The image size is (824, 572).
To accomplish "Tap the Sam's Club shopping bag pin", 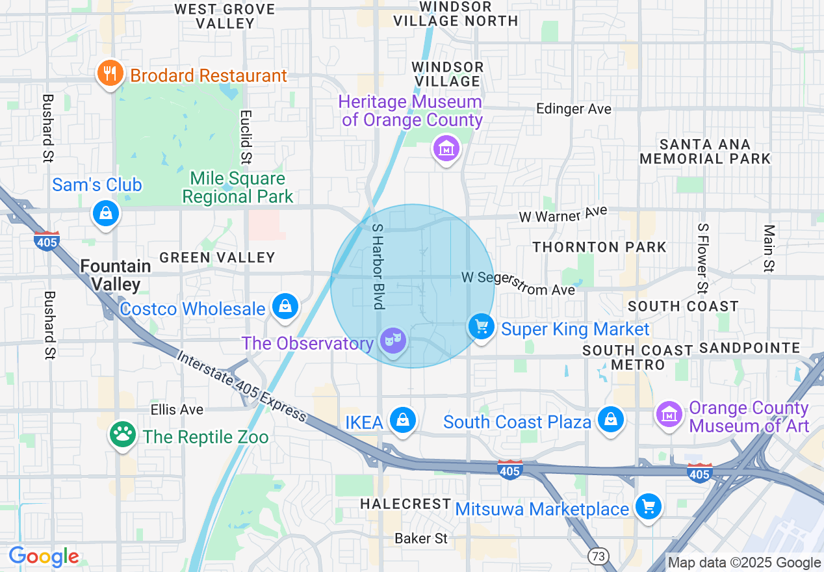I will coord(105,213).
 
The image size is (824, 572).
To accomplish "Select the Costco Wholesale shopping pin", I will coord(285,305).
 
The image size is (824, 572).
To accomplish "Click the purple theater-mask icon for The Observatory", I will coord(393,340).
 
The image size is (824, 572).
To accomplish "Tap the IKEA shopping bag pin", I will coord(403,420).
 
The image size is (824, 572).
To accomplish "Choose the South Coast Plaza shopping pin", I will coord(611,419).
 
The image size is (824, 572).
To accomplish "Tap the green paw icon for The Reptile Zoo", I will coord(123,434).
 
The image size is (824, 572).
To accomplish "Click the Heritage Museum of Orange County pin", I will coord(446,148).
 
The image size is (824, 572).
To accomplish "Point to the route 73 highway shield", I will coord(597,556).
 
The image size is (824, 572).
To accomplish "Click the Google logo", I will coord(44,556).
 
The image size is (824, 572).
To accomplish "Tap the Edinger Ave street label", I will coord(573,109).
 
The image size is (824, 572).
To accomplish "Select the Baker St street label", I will coord(421,538).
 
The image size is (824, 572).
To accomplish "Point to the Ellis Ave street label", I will coord(177,409).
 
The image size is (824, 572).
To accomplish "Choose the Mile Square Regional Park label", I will coord(238,187).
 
